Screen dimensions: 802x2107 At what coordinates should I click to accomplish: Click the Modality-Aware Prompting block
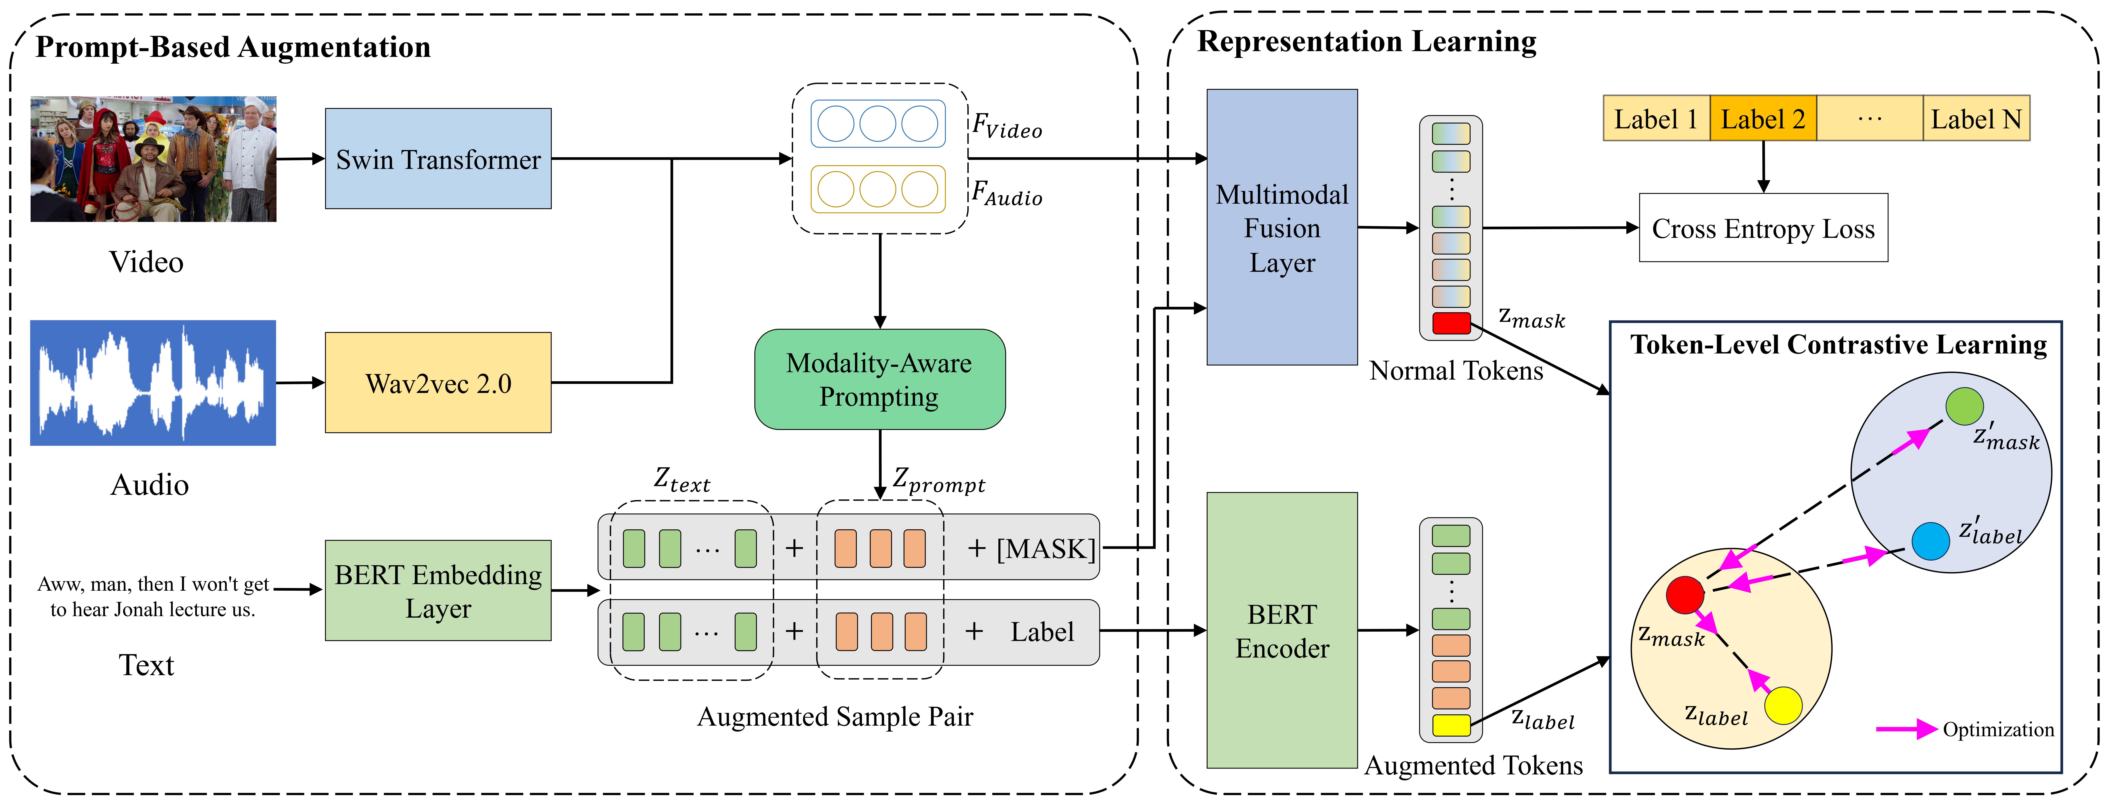coord(879,379)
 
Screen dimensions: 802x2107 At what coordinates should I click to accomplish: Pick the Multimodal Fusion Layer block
coord(1282,227)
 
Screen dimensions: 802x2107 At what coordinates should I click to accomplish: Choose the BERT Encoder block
coord(1282,630)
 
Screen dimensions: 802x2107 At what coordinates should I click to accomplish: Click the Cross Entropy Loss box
coord(1763,228)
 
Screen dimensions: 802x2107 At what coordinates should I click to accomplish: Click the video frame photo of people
coord(153,159)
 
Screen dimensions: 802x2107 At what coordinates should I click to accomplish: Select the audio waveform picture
coord(153,383)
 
